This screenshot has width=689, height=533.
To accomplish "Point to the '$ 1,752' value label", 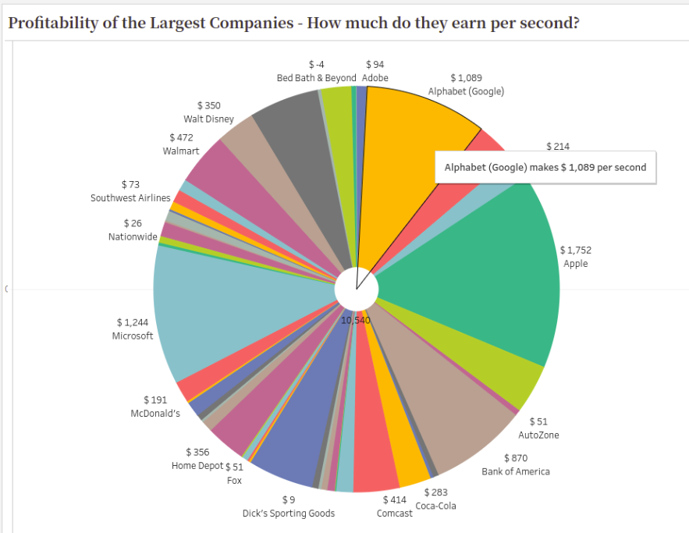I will [x=576, y=251].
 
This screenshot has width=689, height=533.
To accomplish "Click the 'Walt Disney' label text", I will [x=208, y=119].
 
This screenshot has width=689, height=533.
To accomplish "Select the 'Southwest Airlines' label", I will [x=130, y=198].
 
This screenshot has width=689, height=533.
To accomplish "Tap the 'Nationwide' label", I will [x=133, y=236].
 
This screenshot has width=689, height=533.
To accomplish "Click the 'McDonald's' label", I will [x=154, y=413].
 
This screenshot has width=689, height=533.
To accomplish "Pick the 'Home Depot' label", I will [x=197, y=466].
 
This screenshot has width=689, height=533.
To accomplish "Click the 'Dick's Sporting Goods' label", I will [x=289, y=513].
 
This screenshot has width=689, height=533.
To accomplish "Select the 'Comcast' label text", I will [x=395, y=513].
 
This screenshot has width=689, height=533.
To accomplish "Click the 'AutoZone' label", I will [x=538, y=435].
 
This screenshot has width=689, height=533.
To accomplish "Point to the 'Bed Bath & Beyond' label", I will [x=316, y=78].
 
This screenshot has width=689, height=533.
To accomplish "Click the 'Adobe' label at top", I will [x=375, y=78].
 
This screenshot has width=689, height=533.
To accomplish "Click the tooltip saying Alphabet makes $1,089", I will [x=545, y=168].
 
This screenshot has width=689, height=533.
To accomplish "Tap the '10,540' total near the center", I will [x=355, y=320].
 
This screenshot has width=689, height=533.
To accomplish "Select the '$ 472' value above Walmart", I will [x=181, y=137].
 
